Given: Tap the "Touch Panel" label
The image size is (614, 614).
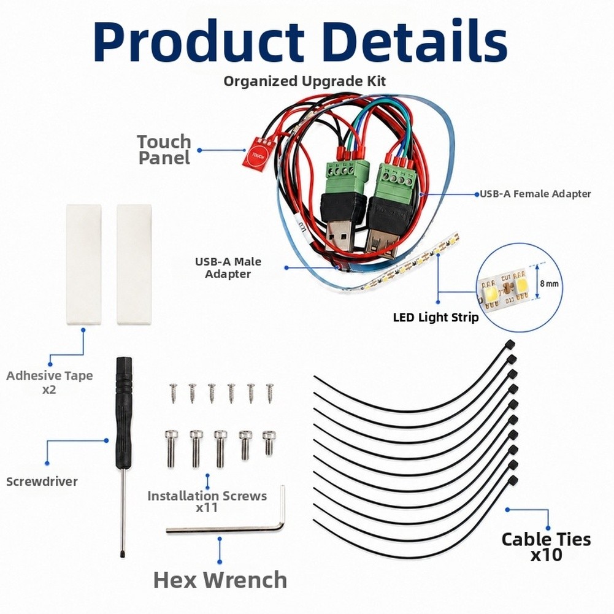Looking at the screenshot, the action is tap(164, 150).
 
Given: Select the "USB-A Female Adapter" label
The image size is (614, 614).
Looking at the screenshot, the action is tap(535, 193).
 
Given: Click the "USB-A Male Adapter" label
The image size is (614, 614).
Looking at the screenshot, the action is tap(228, 267).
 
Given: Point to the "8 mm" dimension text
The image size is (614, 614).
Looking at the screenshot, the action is tap(549, 283).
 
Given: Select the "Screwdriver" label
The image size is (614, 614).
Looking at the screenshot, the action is tap(42, 482).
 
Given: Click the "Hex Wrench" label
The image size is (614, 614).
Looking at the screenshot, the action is tap(220, 580).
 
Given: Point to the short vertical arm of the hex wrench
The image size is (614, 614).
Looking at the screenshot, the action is tap(282, 506).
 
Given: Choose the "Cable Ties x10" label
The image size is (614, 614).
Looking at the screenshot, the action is tap(547, 547).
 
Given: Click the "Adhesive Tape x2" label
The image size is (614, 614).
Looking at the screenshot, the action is tap(50, 382).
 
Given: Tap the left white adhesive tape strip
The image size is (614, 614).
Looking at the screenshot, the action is tap(83, 264).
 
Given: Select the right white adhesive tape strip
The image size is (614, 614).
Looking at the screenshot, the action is tap(134, 264).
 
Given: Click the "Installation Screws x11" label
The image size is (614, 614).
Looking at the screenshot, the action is tap(207, 502).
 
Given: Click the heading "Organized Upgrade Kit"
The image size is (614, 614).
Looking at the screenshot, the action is tap(305, 81).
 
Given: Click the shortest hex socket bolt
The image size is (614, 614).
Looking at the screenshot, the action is tap(269, 442).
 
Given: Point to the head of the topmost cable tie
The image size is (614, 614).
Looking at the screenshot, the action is tap(510, 344).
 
